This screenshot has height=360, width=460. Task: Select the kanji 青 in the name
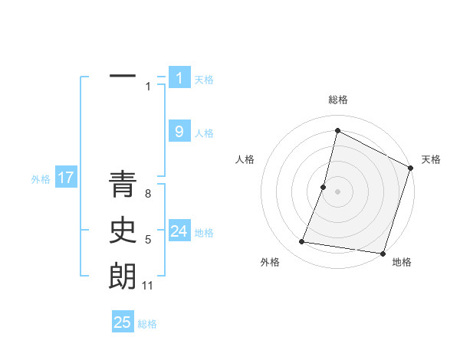click(x=123, y=186)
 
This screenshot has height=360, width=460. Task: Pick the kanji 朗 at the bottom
click(x=123, y=277)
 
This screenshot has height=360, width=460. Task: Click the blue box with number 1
click(x=179, y=78)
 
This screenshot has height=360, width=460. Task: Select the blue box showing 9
click(x=179, y=132)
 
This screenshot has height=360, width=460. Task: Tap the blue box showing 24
click(x=179, y=231)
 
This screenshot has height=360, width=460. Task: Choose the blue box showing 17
click(x=66, y=178)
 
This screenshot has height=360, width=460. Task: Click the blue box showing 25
click(x=123, y=322)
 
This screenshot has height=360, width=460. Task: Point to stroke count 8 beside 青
click(x=148, y=194)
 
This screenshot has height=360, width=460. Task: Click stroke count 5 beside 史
click(x=148, y=240)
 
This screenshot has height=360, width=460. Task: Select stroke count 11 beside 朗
click(x=148, y=286)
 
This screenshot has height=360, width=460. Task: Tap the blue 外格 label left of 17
click(x=41, y=179)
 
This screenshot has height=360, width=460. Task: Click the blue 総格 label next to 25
click(x=147, y=324)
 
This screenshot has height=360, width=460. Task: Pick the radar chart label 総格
click(x=337, y=100)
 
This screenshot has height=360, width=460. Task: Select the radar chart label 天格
click(x=431, y=159)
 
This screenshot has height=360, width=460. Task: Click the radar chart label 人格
click(x=245, y=159)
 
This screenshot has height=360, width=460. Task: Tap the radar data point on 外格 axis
click(x=302, y=242)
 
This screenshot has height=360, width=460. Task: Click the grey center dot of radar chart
click(x=337, y=191)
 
